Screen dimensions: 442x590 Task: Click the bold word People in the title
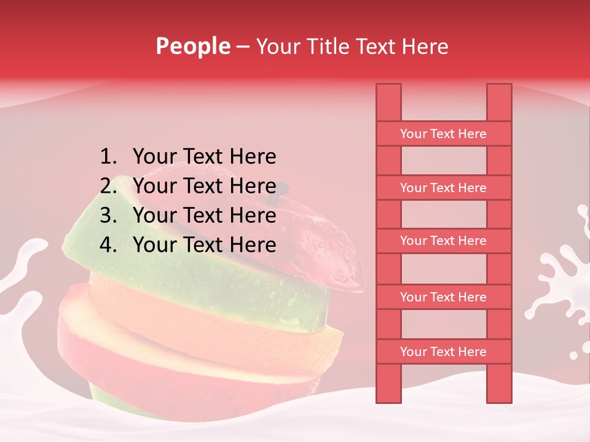coord(193,46)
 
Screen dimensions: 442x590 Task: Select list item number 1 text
coord(204,157)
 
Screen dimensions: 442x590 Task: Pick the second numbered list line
coord(204,186)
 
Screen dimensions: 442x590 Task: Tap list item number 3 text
coord(204,215)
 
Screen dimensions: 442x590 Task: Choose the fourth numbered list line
coord(204,245)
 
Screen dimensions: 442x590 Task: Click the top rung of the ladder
coord(443,134)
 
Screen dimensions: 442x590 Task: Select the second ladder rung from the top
coord(443,188)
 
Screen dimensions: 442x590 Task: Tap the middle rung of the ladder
coord(443,241)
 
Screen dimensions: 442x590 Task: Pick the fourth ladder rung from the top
coord(443,297)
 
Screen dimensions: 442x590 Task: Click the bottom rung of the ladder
coord(443,352)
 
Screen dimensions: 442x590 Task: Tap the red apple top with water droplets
coord(326,246)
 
